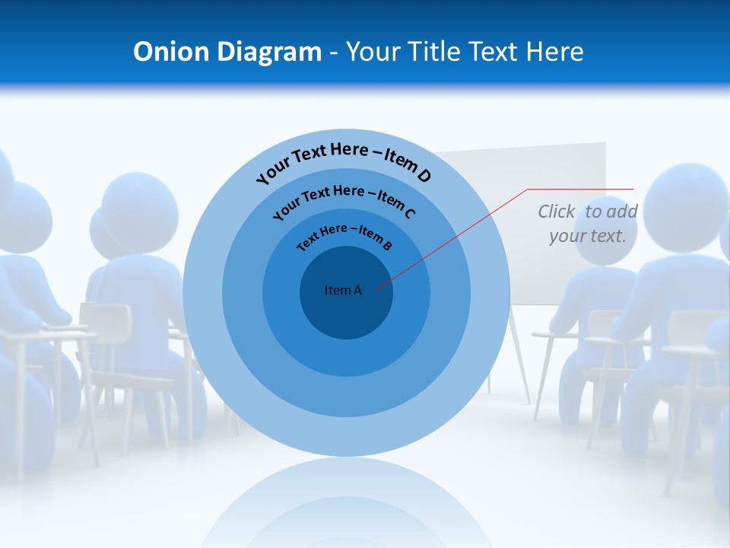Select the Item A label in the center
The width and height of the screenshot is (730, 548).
tap(343, 290)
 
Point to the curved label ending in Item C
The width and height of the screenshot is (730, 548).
tap(344, 199)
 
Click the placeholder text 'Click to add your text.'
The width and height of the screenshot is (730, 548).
tap(588, 223)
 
